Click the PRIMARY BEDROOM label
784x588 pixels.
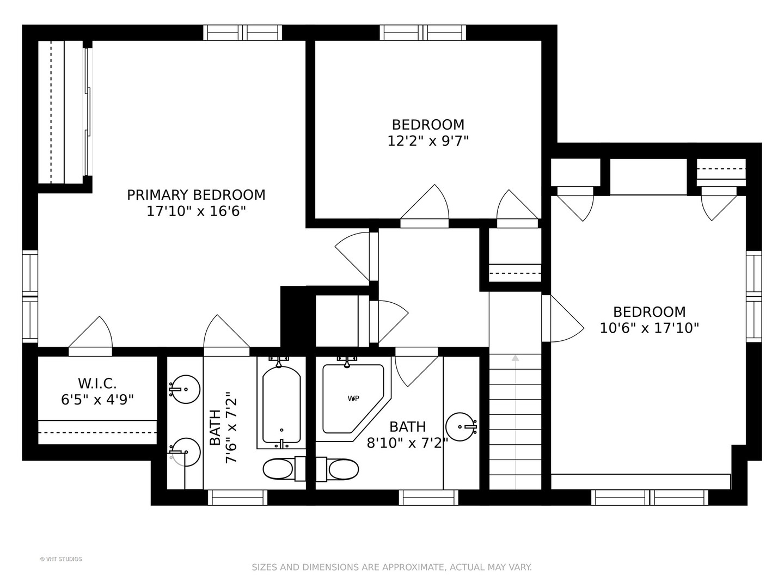click(196, 195)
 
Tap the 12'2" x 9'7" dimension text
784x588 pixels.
click(428, 141)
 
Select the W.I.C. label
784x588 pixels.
click(97, 383)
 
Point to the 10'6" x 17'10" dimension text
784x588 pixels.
click(649, 328)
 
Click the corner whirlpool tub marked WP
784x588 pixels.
click(353, 398)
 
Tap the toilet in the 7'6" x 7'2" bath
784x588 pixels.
click(284, 469)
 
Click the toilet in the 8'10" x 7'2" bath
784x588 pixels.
click(338, 469)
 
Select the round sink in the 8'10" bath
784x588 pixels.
click(461, 427)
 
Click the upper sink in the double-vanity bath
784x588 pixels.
click(185, 389)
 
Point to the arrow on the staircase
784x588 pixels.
click(515, 421)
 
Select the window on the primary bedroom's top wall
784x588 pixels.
click(242, 33)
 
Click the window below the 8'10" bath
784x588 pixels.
click(428, 498)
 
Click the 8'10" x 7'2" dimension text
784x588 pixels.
click(407, 443)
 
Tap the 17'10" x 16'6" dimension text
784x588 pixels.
click(196, 211)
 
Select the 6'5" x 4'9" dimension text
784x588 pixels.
click(97, 400)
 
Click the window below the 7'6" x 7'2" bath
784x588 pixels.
click(237, 498)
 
